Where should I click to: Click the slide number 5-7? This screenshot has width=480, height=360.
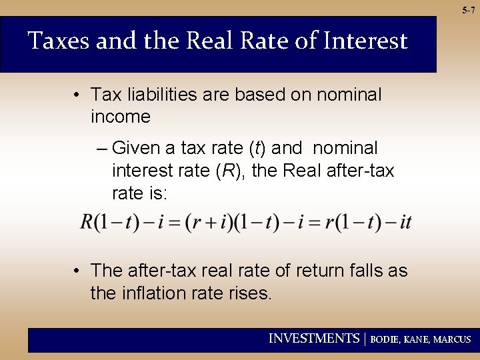[x=468, y=10]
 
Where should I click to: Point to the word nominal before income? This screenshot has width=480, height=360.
[x=347, y=95]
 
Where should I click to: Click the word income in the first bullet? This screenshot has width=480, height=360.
[x=121, y=117]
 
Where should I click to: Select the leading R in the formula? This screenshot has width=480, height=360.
[x=87, y=222]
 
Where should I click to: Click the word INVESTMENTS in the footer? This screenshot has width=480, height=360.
[x=313, y=339]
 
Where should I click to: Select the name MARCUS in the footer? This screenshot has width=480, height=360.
[x=452, y=339]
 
